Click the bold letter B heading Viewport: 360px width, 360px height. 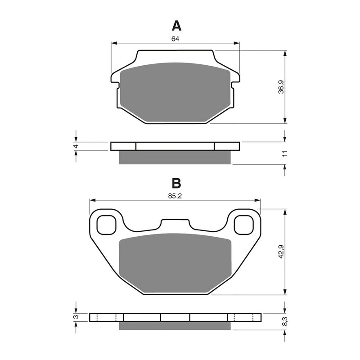click(x=176, y=183)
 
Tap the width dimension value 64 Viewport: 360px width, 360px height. click(x=175, y=39)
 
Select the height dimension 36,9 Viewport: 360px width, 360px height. click(x=281, y=87)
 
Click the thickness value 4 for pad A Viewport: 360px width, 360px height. click(x=76, y=146)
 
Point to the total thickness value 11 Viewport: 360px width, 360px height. click(x=284, y=153)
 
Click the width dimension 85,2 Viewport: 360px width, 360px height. click(x=175, y=196)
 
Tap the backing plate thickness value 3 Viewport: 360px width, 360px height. click(x=76, y=317)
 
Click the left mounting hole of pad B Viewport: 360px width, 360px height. click(x=106, y=225)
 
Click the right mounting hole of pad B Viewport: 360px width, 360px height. click(x=243, y=225)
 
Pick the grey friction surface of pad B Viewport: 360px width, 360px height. click(x=175, y=263)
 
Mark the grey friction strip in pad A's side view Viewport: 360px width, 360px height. click(x=175, y=157)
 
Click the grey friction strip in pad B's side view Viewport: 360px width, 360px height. click(x=175, y=325)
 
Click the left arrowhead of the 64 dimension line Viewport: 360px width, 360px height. click(x=113, y=44)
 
